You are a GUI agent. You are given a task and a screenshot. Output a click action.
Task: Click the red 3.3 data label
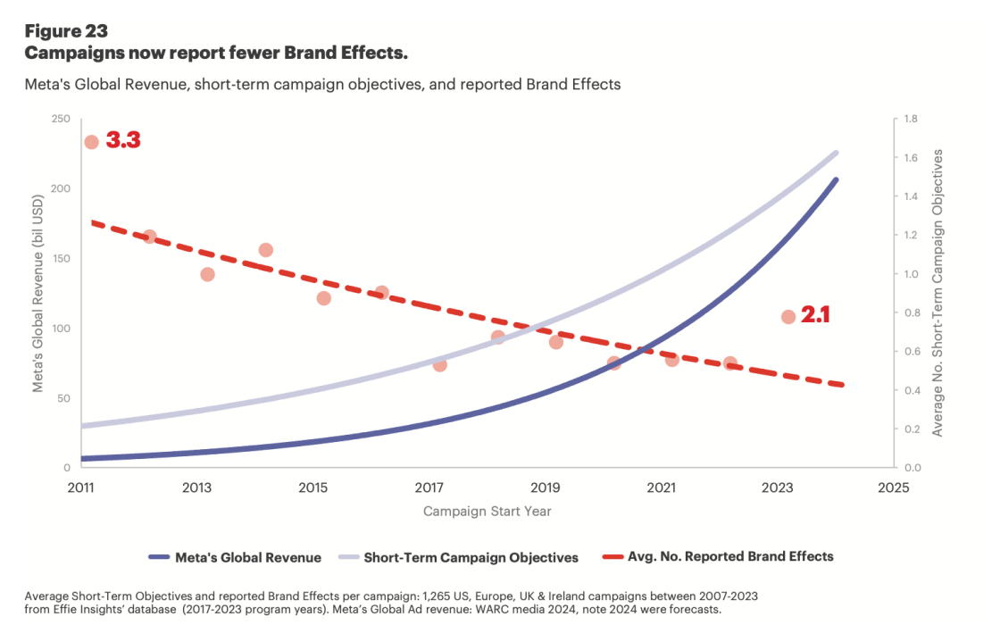click(123, 141)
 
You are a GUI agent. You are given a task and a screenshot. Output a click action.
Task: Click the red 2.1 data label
click(815, 314)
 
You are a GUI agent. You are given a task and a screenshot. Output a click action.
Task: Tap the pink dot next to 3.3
click(91, 142)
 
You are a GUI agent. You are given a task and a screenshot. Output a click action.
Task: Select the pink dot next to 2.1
click(788, 317)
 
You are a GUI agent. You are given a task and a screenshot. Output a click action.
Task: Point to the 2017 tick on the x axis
click(429, 487)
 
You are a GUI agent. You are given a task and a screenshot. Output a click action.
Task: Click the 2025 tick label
click(893, 487)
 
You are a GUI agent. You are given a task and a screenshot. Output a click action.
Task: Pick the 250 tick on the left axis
click(62, 120)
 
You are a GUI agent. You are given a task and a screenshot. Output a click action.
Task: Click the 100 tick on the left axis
click(62, 329)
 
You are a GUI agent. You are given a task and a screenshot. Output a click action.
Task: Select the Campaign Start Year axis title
click(487, 512)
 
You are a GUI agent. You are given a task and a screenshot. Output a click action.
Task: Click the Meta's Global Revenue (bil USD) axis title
click(38, 293)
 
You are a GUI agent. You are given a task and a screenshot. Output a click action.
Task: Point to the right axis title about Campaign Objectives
click(937, 293)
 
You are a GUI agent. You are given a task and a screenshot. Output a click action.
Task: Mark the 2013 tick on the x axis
click(196, 487)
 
